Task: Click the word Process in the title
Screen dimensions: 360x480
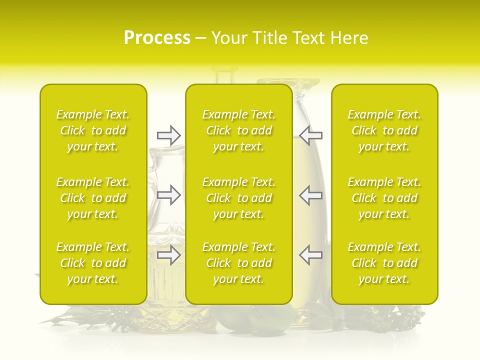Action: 157,38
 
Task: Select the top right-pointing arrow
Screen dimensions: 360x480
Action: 168,135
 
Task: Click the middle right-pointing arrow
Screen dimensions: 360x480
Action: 168,195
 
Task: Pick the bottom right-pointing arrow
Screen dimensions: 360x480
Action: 168,255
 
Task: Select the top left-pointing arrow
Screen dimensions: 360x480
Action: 311,135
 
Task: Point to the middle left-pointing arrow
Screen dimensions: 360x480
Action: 311,195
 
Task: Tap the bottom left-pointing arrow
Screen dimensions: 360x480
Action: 311,255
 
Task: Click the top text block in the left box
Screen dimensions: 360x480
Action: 93,130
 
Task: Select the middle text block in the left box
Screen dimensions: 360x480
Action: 93,198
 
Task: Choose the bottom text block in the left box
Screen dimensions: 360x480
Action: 93,263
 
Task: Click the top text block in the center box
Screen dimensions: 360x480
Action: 239,130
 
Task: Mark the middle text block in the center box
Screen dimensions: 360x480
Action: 239,198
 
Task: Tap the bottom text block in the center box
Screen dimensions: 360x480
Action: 239,263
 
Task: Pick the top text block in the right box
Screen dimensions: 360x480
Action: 384,130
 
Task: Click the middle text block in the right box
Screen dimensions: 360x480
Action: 384,198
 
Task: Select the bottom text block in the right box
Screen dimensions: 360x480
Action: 384,263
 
